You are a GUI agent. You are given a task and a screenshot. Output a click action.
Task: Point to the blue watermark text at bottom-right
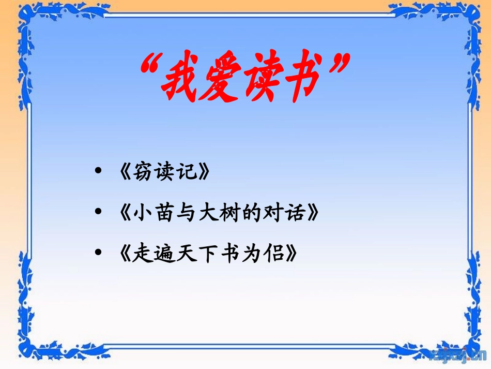pos(458,354)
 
